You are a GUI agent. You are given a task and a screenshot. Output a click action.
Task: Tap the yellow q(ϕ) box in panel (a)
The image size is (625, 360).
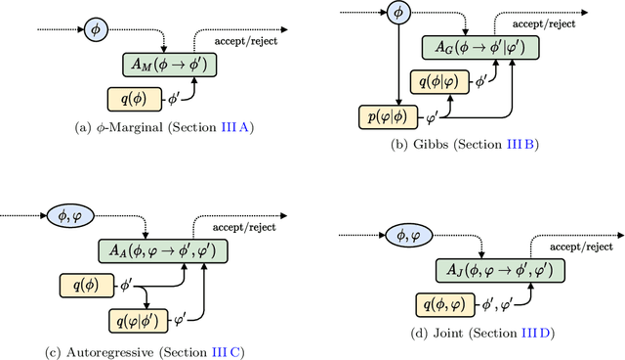[x=135, y=98]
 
